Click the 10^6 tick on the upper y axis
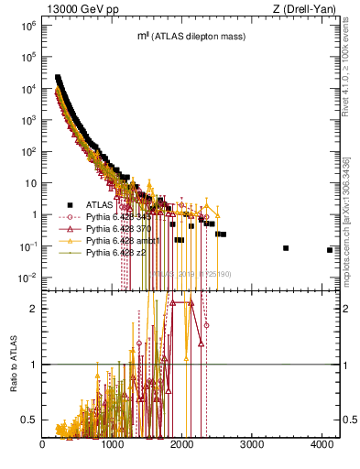(28, 26)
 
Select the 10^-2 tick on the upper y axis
(28, 278)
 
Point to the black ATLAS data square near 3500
(286, 248)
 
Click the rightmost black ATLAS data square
(329, 250)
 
